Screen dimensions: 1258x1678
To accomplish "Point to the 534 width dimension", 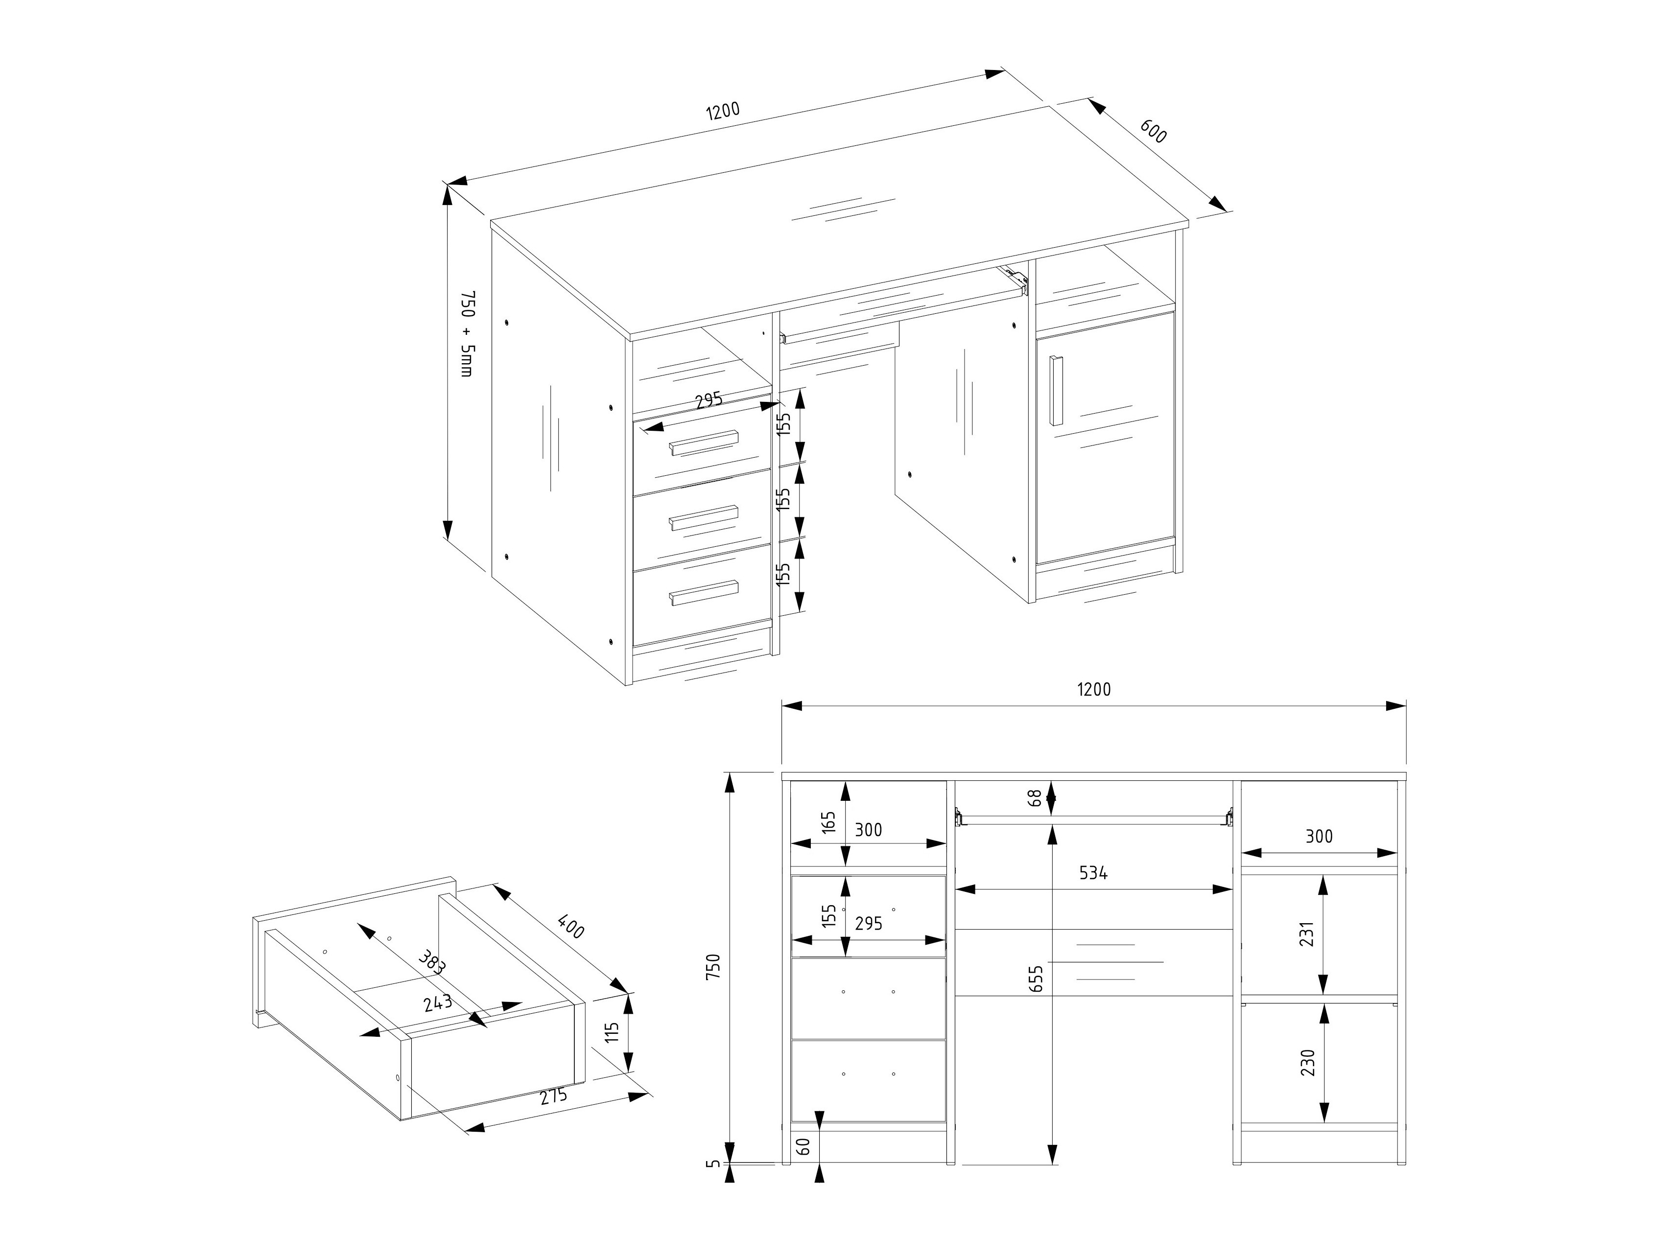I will pos(1093,873).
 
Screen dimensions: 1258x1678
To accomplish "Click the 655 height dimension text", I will pos(1037,978).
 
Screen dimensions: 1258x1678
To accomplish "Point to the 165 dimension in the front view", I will pos(828,823).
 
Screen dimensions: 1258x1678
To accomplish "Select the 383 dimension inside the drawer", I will pos(432,961).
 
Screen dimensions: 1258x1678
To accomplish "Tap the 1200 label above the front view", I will pos(1093,689).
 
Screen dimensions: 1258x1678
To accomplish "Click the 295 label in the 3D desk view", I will pos(708,400).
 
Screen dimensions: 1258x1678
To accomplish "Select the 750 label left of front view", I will pos(712,967).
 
